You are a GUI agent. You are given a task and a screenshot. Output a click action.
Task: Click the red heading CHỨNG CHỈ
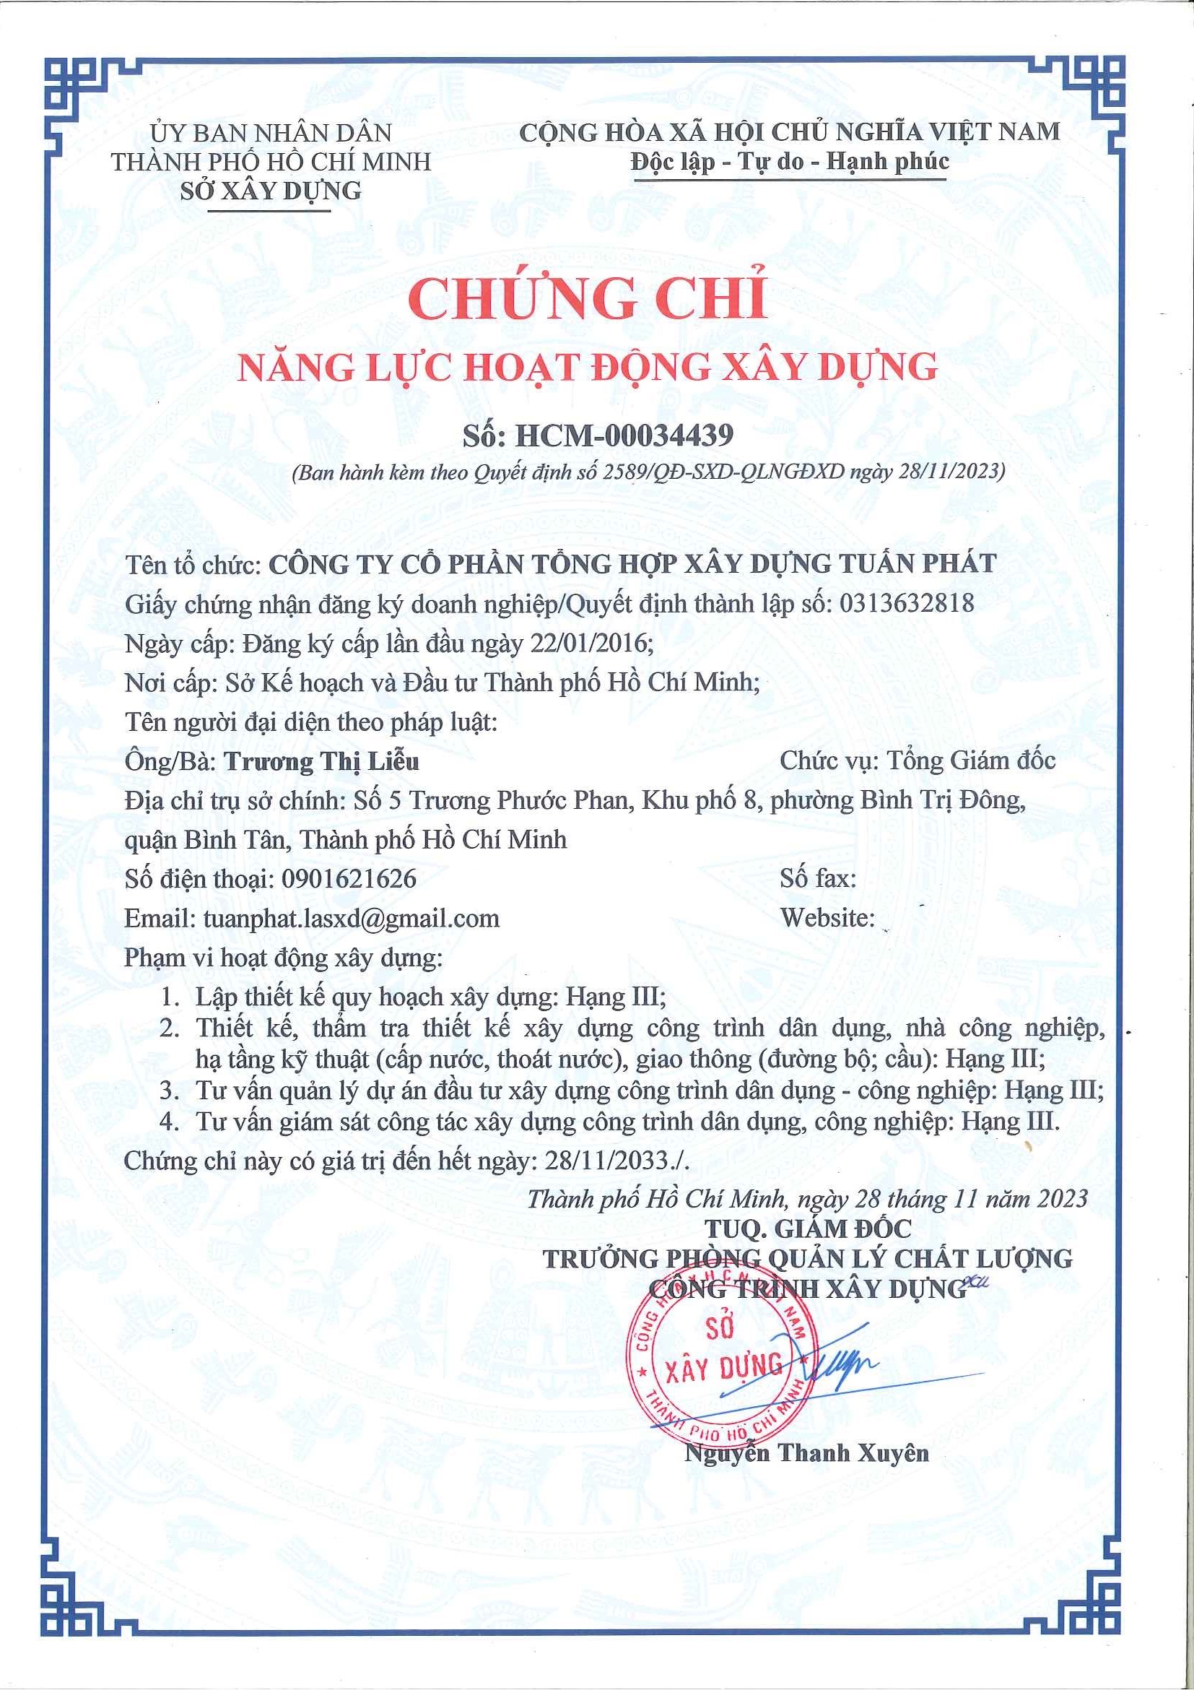588,297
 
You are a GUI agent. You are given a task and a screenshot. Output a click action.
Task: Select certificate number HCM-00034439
624,435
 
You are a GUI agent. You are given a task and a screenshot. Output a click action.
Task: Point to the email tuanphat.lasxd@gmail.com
352,918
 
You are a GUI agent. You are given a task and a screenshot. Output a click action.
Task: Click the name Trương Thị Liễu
321,760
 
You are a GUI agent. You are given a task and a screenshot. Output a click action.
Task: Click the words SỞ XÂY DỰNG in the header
271,191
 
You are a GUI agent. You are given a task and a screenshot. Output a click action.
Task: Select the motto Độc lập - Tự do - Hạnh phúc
789,161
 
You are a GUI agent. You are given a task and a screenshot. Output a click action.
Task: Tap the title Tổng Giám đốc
970,760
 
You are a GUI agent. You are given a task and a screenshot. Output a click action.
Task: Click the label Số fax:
818,878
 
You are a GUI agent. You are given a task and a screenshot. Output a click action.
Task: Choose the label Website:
827,918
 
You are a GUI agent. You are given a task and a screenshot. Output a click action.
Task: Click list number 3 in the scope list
169,1090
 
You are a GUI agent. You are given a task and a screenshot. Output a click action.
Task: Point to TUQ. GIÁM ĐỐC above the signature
809,1228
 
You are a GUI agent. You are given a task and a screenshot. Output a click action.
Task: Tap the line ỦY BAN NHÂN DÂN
271,132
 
